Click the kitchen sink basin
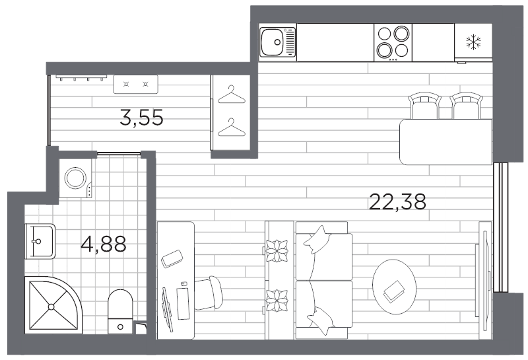271,43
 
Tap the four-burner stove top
393,42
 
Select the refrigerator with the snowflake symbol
473,42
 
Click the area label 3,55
141,118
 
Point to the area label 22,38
397,201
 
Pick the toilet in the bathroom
120,310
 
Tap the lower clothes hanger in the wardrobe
230,128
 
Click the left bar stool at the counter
424,106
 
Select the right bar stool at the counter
466,106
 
